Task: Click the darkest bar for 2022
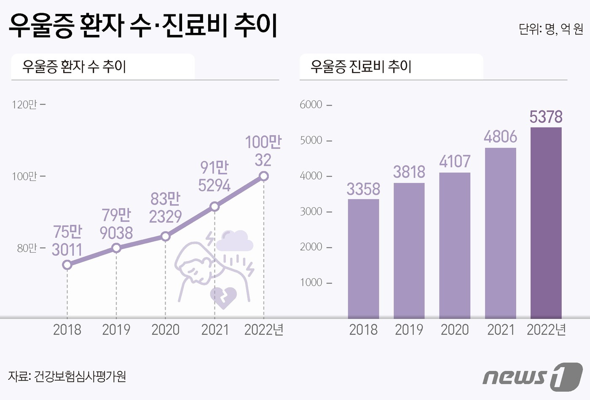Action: point(546,223)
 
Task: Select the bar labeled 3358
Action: point(363,259)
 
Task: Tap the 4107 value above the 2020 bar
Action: point(455,162)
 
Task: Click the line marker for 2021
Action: point(215,206)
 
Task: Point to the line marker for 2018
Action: point(67,265)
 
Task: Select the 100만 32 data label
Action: point(263,151)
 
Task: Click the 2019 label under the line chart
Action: point(116,330)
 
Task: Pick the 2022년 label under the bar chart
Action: point(547,330)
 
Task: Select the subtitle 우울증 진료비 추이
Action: point(361,67)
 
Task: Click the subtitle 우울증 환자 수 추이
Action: point(74,67)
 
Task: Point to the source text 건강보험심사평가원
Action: point(80,376)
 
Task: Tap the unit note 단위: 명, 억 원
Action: point(551,29)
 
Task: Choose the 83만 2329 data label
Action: point(165,208)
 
